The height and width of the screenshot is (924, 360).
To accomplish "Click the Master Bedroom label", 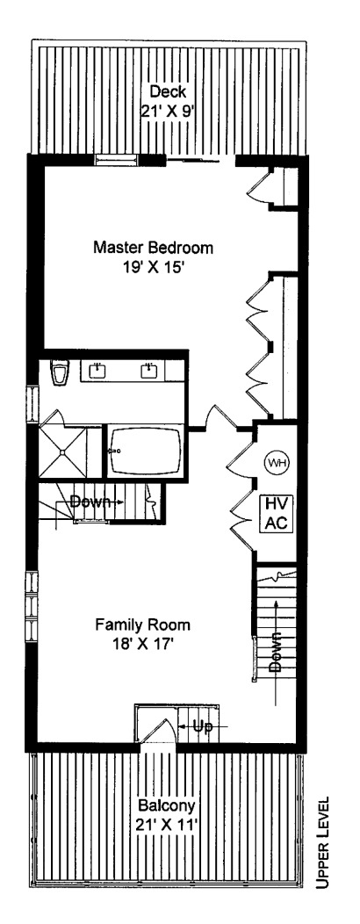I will point(153,248).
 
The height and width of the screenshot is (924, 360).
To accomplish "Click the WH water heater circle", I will point(276,462).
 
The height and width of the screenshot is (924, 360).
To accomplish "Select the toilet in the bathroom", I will point(60,373).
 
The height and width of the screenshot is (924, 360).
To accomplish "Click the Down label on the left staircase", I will point(90,502).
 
